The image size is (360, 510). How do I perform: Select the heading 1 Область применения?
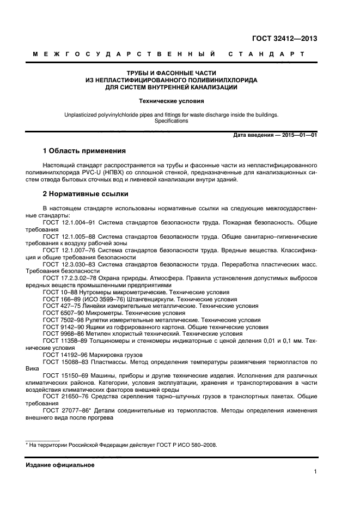84,150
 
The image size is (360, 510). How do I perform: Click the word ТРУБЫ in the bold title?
138,72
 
